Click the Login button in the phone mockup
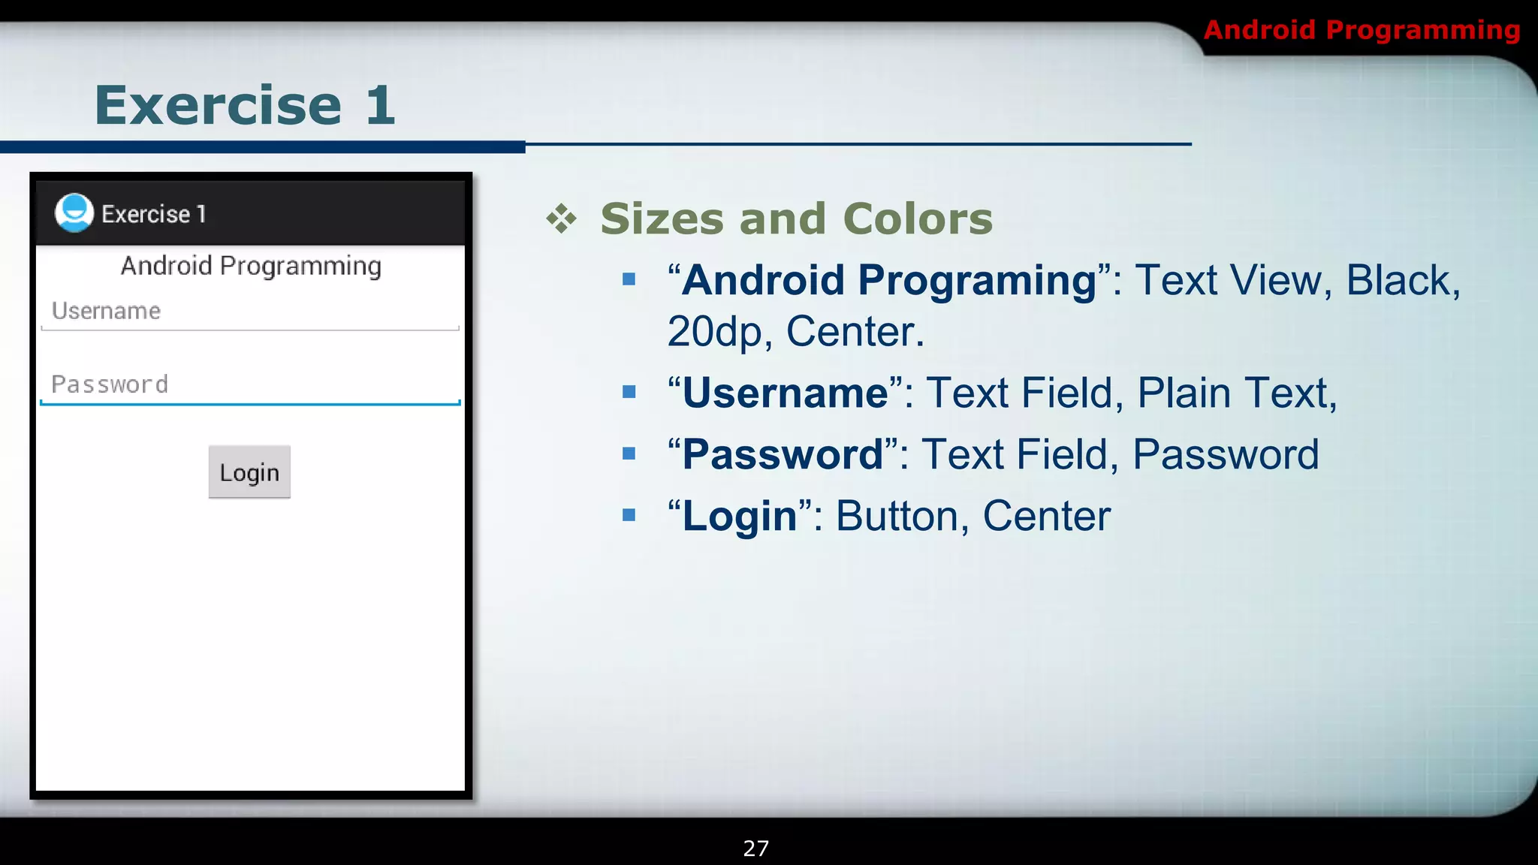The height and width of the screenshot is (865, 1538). click(x=249, y=472)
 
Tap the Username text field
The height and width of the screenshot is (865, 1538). click(x=249, y=312)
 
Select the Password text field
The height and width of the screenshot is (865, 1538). click(x=249, y=385)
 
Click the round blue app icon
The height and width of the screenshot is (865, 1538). click(x=74, y=213)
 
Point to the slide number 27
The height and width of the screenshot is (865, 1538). click(x=755, y=848)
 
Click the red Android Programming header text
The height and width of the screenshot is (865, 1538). click(x=1362, y=30)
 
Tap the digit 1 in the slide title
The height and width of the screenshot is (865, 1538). click(x=381, y=105)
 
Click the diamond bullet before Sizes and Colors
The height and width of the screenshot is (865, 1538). click(x=562, y=219)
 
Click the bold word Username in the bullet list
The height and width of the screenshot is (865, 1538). click(x=785, y=393)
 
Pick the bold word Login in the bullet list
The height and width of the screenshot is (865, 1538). click(x=740, y=516)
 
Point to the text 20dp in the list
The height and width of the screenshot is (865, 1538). click(x=714, y=332)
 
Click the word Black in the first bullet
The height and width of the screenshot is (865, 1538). click(x=1398, y=281)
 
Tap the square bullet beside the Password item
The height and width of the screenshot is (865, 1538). click(x=629, y=454)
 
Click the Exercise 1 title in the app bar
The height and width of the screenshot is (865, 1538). click(x=154, y=214)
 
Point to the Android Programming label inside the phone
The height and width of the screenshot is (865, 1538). click(x=251, y=266)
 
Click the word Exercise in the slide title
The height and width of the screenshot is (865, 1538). click(x=219, y=105)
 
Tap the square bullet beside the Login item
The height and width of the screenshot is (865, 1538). click(x=629, y=515)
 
